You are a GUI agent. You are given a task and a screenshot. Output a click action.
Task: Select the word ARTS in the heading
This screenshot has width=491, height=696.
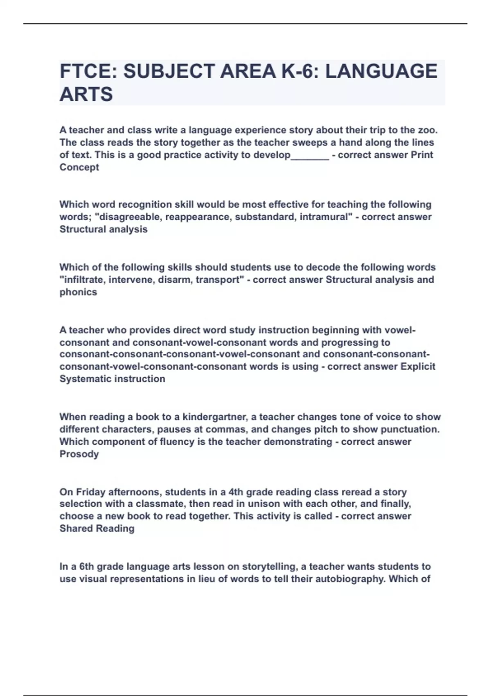click(x=86, y=95)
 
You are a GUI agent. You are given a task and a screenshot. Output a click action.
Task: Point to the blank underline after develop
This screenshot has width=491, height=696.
click(x=310, y=155)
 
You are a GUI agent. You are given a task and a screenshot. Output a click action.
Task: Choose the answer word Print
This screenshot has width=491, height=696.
click(x=421, y=155)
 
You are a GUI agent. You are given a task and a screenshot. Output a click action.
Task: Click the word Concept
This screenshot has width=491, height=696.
click(x=79, y=167)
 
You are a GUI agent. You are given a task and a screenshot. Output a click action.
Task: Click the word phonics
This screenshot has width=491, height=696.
click(x=78, y=292)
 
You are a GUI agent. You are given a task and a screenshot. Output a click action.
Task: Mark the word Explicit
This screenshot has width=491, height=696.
click(x=418, y=366)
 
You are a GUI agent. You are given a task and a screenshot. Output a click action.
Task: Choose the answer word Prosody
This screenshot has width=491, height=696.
click(x=79, y=454)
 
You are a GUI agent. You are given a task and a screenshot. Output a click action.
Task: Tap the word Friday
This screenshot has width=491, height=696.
click(x=91, y=492)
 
